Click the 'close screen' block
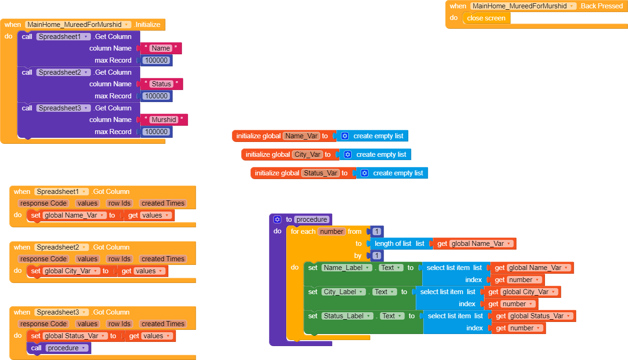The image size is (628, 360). click(486, 18)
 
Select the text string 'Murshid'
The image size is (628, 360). click(164, 120)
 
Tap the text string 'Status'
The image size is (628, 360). click(161, 84)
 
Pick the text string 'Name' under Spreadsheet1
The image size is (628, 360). click(160, 48)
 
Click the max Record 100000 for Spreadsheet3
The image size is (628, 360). click(156, 132)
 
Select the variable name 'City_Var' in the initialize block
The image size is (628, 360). click(308, 154)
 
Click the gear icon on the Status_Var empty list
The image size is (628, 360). click(364, 173)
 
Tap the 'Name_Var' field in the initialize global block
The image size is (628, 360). click(301, 136)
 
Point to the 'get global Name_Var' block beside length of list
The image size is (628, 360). click(474, 244)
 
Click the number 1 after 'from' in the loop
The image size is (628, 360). click(377, 231)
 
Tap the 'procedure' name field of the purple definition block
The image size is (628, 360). click(312, 219)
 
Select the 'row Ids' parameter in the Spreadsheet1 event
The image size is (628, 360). click(119, 203)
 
